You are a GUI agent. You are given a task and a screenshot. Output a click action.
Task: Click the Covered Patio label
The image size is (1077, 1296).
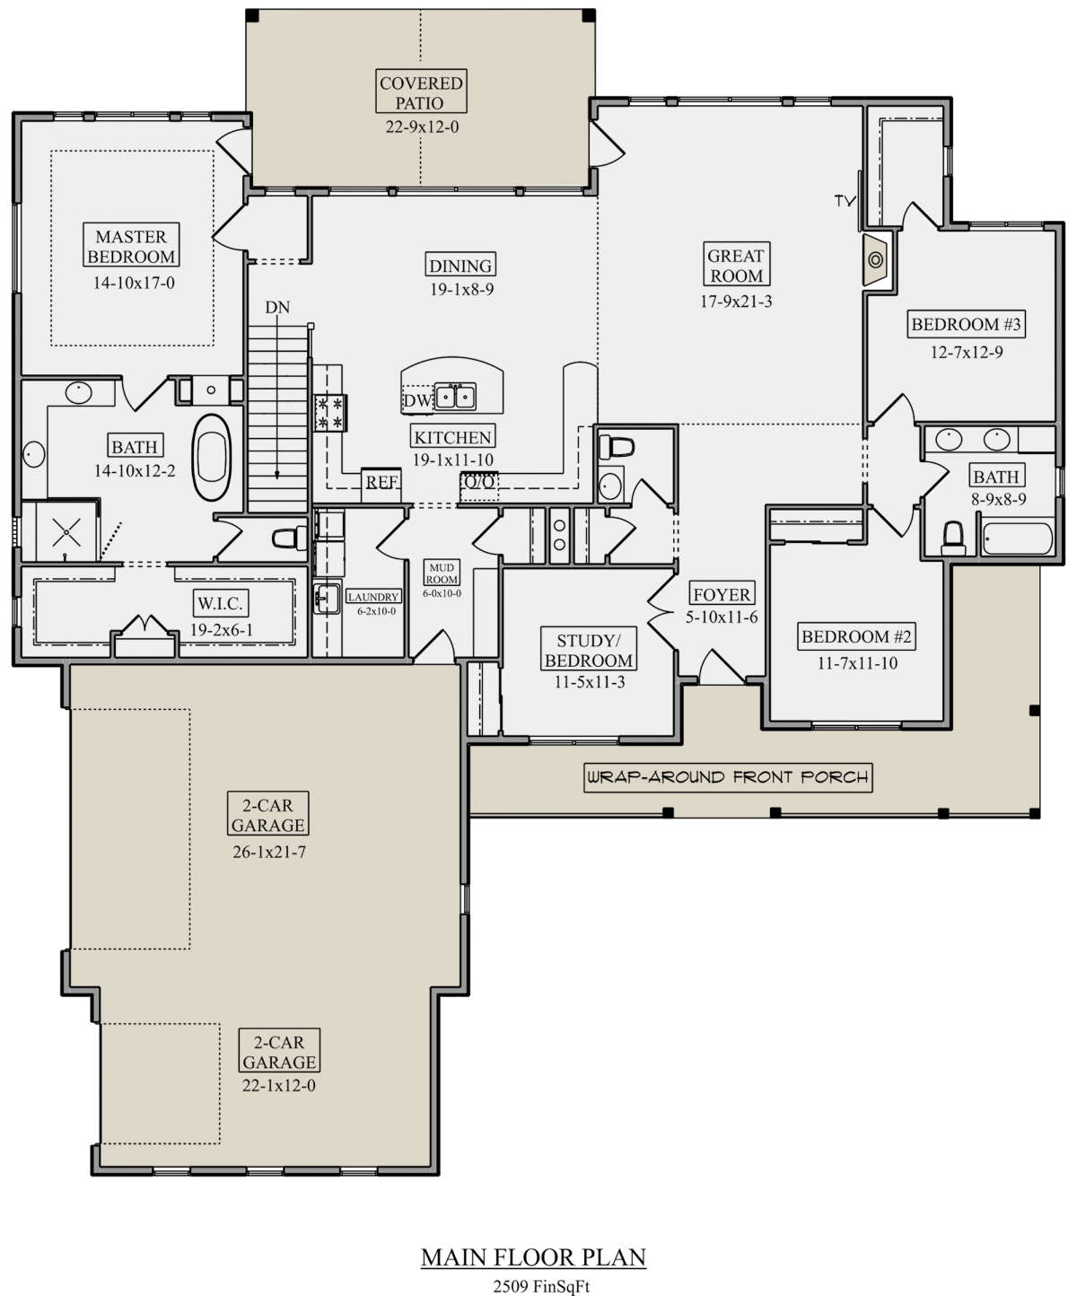point(421,92)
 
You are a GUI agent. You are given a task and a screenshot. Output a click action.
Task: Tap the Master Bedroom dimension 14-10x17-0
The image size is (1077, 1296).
point(134,283)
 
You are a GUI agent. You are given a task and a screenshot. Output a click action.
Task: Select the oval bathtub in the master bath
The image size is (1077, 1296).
point(212,457)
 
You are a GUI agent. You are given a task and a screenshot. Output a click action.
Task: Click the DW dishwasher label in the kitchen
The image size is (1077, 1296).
point(417,400)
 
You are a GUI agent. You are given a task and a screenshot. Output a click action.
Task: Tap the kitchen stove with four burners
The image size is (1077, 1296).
point(329,413)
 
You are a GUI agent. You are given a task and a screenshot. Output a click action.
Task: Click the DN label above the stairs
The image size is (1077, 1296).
point(277,307)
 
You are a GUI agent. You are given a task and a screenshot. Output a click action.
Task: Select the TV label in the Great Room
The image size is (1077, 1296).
point(845,200)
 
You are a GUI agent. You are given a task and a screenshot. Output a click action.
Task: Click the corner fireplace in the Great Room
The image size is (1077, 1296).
point(875,259)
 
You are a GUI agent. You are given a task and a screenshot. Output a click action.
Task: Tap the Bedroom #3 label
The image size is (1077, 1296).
point(966,324)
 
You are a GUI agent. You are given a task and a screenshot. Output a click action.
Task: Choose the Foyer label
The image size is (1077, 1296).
point(722,594)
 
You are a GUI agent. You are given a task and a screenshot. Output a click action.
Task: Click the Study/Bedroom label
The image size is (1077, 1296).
point(589,650)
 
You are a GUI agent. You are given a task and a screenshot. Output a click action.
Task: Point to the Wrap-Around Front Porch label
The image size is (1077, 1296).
point(728,777)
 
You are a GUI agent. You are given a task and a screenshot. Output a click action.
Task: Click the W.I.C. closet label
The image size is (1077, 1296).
point(220,603)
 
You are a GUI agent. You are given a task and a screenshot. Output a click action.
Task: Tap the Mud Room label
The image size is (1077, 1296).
point(442,573)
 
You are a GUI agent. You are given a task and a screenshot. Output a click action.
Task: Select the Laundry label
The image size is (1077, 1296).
point(373,597)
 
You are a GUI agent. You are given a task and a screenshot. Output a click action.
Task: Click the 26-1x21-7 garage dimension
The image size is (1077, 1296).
point(269,852)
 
